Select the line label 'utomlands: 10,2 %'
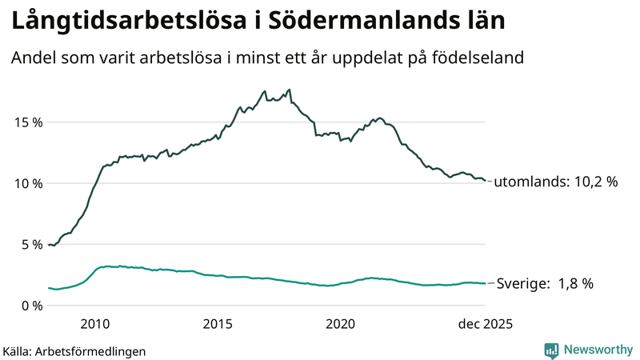pyautogui.click(x=555, y=182)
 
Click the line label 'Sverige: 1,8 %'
pyautogui.click(x=545, y=283)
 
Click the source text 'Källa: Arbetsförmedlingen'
pyautogui.click(x=74, y=350)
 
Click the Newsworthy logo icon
pyautogui.click(x=551, y=350)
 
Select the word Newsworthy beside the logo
pyautogui.click(x=598, y=350)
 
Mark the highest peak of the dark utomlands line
pyautogui.click(x=289, y=90)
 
